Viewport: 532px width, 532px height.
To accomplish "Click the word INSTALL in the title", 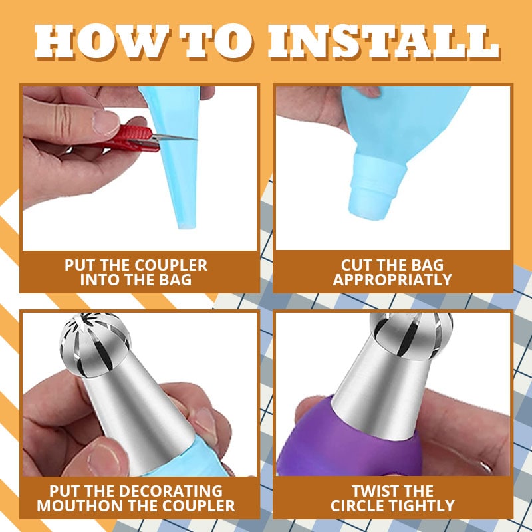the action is [x=384, y=42].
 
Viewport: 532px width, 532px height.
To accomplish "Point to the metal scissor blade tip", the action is [x=196, y=139].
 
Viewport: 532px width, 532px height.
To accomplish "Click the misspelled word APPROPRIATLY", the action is [x=392, y=279].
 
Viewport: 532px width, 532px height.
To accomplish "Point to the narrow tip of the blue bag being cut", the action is [x=187, y=225].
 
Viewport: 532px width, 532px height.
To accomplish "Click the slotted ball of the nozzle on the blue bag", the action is [x=95, y=344].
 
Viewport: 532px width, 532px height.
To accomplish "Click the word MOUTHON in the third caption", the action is [x=76, y=505].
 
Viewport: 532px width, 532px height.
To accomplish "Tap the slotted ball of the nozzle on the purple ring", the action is [x=411, y=336].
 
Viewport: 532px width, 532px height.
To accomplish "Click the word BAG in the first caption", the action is [x=175, y=279].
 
